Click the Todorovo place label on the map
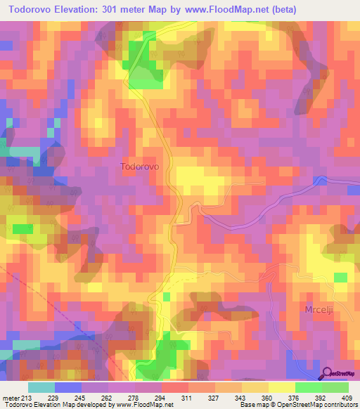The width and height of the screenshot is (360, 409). point(140,167)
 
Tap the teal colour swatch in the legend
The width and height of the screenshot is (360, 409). point(41,387)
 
